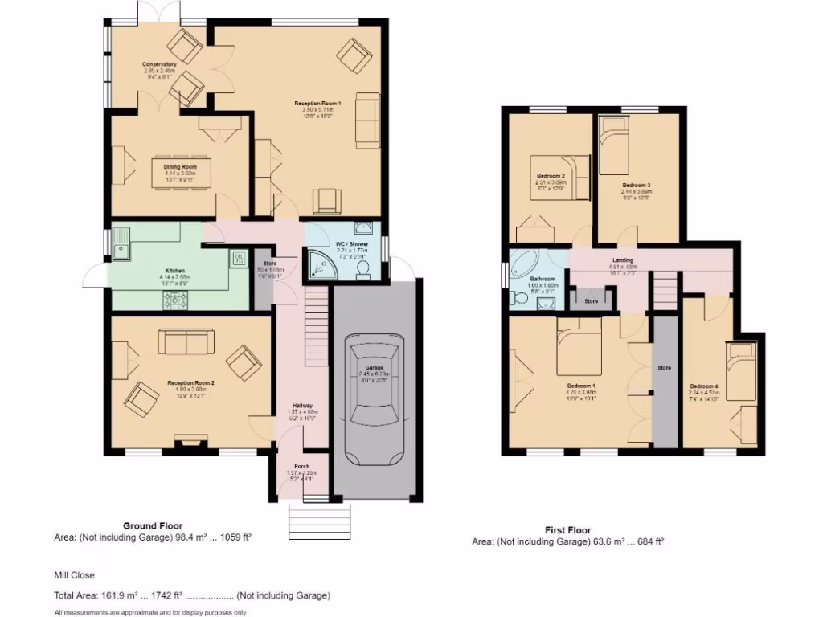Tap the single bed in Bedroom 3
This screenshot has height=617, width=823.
click(x=612, y=145)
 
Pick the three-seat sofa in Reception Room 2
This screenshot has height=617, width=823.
click(x=186, y=341)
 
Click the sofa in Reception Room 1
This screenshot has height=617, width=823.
click(x=366, y=121)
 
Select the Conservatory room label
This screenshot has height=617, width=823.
click(x=159, y=64)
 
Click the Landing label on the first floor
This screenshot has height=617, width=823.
click(x=622, y=260)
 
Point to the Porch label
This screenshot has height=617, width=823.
click(x=302, y=466)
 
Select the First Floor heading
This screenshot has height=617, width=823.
click(x=567, y=530)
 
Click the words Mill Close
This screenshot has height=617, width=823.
click(x=75, y=575)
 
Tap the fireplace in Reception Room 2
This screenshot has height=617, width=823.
click(x=188, y=440)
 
